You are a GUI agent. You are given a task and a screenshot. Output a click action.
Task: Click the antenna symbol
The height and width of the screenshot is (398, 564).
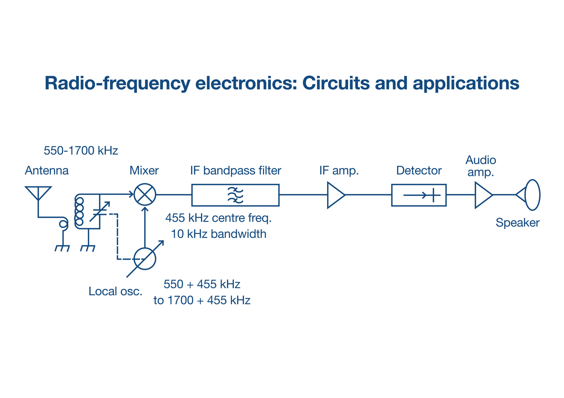coord(38,193)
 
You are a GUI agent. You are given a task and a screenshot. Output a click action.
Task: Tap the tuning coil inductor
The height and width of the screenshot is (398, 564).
coord(79,211)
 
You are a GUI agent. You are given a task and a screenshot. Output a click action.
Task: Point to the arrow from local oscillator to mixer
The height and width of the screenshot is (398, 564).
coord(145,227)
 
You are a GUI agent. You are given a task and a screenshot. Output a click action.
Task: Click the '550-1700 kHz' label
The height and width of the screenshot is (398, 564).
coord(81,151)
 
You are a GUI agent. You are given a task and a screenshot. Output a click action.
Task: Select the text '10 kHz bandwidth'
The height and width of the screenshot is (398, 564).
coord(219,234)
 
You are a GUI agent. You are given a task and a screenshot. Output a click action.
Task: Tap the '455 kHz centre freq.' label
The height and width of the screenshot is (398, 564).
coord(219,218)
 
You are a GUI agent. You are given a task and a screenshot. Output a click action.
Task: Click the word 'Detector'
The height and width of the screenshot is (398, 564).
coord(419,170)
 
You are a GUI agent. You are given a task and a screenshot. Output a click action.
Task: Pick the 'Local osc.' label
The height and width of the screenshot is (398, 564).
coord(116,291)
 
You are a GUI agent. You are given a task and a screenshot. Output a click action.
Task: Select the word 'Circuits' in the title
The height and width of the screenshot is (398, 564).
coord(336,83)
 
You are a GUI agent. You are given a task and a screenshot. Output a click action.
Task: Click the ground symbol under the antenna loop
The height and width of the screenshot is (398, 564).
coord(62,248)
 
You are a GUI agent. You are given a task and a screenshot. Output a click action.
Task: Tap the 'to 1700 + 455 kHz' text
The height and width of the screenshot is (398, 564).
coord(202,300)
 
